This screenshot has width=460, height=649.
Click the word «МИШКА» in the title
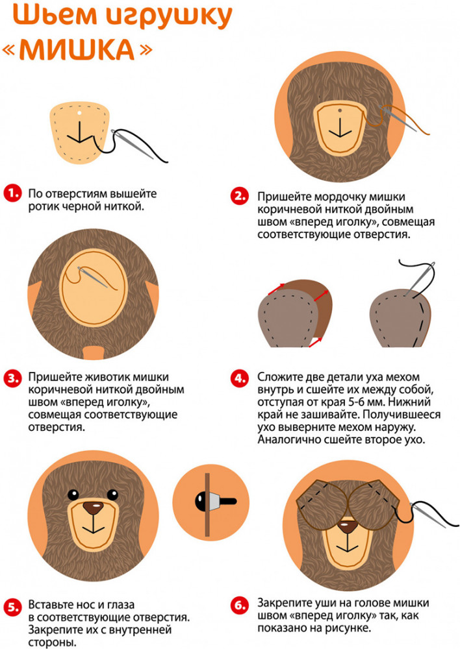pos(77,49)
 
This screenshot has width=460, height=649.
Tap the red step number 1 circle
pos(12,193)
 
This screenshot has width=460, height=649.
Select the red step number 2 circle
pos(240,196)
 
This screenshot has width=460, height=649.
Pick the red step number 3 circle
pos(12,378)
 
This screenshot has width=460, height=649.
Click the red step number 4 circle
pos(240,378)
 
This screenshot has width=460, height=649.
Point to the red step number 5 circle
pos(12,607)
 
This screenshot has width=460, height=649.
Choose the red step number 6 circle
pos(240,606)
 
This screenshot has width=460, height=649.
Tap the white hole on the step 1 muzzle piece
pos(79,112)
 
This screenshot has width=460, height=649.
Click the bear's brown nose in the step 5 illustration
pos(94,508)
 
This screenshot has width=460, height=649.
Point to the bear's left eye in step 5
pos(73,495)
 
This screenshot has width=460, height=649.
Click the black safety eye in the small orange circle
pos(201,502)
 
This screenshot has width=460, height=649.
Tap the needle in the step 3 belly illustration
pos(93,277)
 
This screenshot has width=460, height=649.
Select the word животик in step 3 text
pos(105,377)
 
